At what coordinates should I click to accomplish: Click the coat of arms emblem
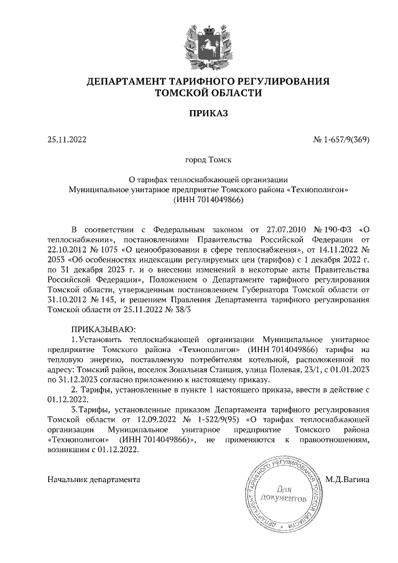(199, 43)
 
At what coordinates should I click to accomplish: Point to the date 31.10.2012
(68, 302)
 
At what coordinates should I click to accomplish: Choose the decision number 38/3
(185, 314)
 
